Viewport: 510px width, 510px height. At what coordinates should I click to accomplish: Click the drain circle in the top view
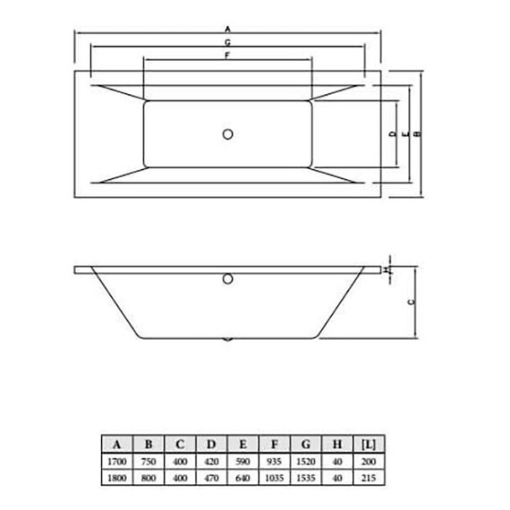(227, 135)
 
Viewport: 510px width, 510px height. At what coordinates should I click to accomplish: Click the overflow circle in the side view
(227, 279)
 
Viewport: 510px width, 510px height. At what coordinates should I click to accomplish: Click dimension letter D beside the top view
(393, 134)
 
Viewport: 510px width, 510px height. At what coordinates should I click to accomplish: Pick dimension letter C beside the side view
(411, 302)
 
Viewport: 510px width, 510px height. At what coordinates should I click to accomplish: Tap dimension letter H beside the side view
(385, 269)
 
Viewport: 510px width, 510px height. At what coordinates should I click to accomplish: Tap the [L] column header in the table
(367, 443)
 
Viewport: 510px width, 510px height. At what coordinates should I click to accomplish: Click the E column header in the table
(242, 443)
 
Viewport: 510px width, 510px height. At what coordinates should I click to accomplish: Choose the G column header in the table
(305, 443)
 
